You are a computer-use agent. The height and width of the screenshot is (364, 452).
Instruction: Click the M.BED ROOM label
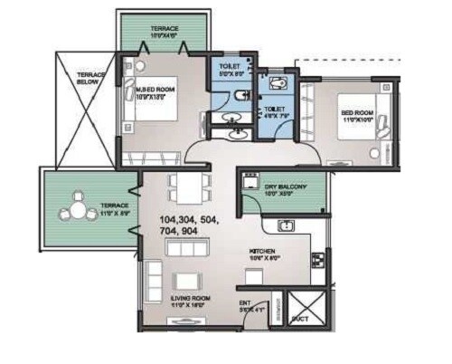coord(155,90)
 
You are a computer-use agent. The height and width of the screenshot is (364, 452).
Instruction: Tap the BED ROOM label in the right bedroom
coord(358,113)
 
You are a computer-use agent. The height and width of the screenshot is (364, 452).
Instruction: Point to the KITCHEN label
coord(264,251)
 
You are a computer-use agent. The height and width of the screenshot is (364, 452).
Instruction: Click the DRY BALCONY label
coord(286,186)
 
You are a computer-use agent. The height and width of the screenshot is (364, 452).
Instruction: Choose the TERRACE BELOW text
coord(90,79)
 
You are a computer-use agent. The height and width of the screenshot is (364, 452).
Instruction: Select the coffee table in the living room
coord(188,278)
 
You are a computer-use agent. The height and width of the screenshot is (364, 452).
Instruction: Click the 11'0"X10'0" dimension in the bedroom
coord(359,121)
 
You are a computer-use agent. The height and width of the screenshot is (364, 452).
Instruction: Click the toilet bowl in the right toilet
coord(279,82)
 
